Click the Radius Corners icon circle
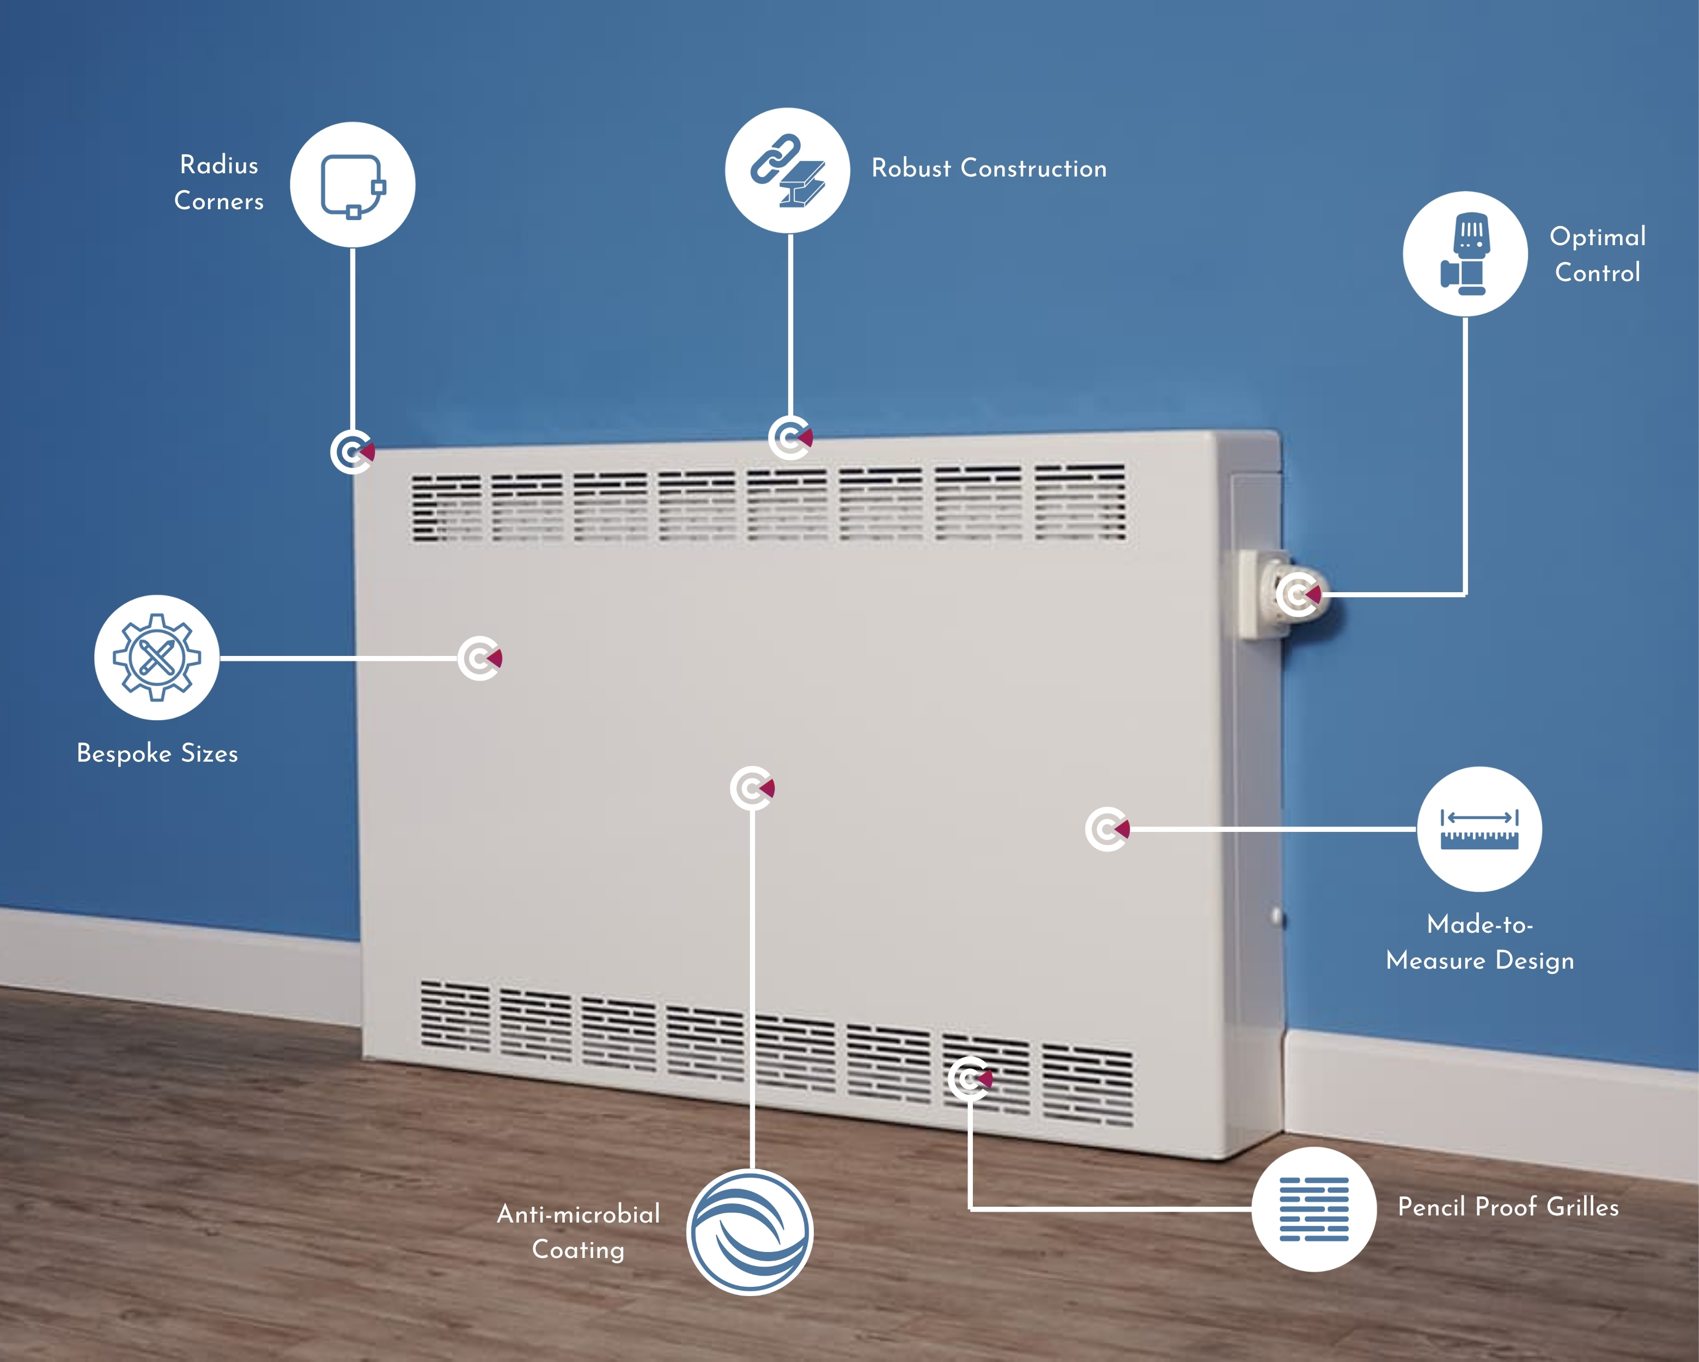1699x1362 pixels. [352, 185]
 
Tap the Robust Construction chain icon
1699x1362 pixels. [787, 170]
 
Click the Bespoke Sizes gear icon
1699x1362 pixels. [157, 658]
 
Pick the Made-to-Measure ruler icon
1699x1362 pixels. [1479, 829]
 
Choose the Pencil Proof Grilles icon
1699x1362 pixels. [1314, 1209]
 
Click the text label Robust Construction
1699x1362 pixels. [989, 168]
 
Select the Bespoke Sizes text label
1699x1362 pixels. [157, 753]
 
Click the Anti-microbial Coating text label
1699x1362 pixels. [578, 1232]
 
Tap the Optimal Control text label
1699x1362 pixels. [1597, 254]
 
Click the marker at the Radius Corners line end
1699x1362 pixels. [352, 452]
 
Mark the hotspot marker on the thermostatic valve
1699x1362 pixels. [1298, 594]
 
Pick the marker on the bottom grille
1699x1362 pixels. [970, 1078]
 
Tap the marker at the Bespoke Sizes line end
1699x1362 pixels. [480, 658]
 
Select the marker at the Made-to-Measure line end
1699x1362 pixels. [1107, 829]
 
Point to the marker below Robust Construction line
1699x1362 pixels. [790, 437]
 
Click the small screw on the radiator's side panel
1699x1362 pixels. [1277, 917]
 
